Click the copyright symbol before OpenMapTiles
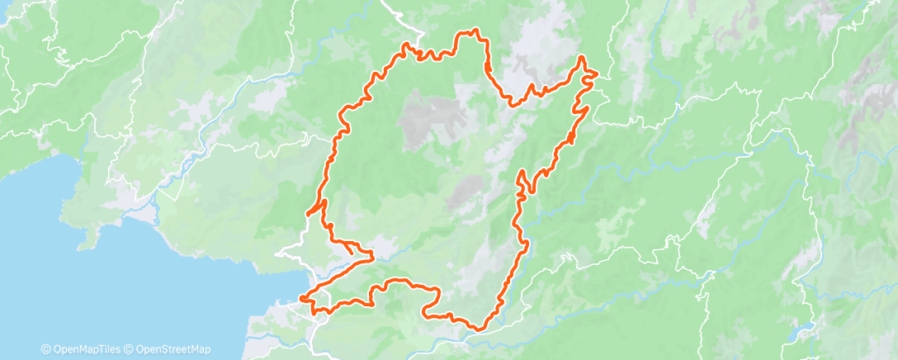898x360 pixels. pyautogui.click(x=45, y=349)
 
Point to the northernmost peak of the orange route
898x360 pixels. pyautogui.click(x=474, y=31)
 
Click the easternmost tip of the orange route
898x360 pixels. pyautogui.click(x=595, y=74)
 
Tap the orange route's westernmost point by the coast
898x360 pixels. pyautogui.click(x=302, y=297)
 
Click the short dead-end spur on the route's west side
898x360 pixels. pyautogui.click(x=310, y=214)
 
